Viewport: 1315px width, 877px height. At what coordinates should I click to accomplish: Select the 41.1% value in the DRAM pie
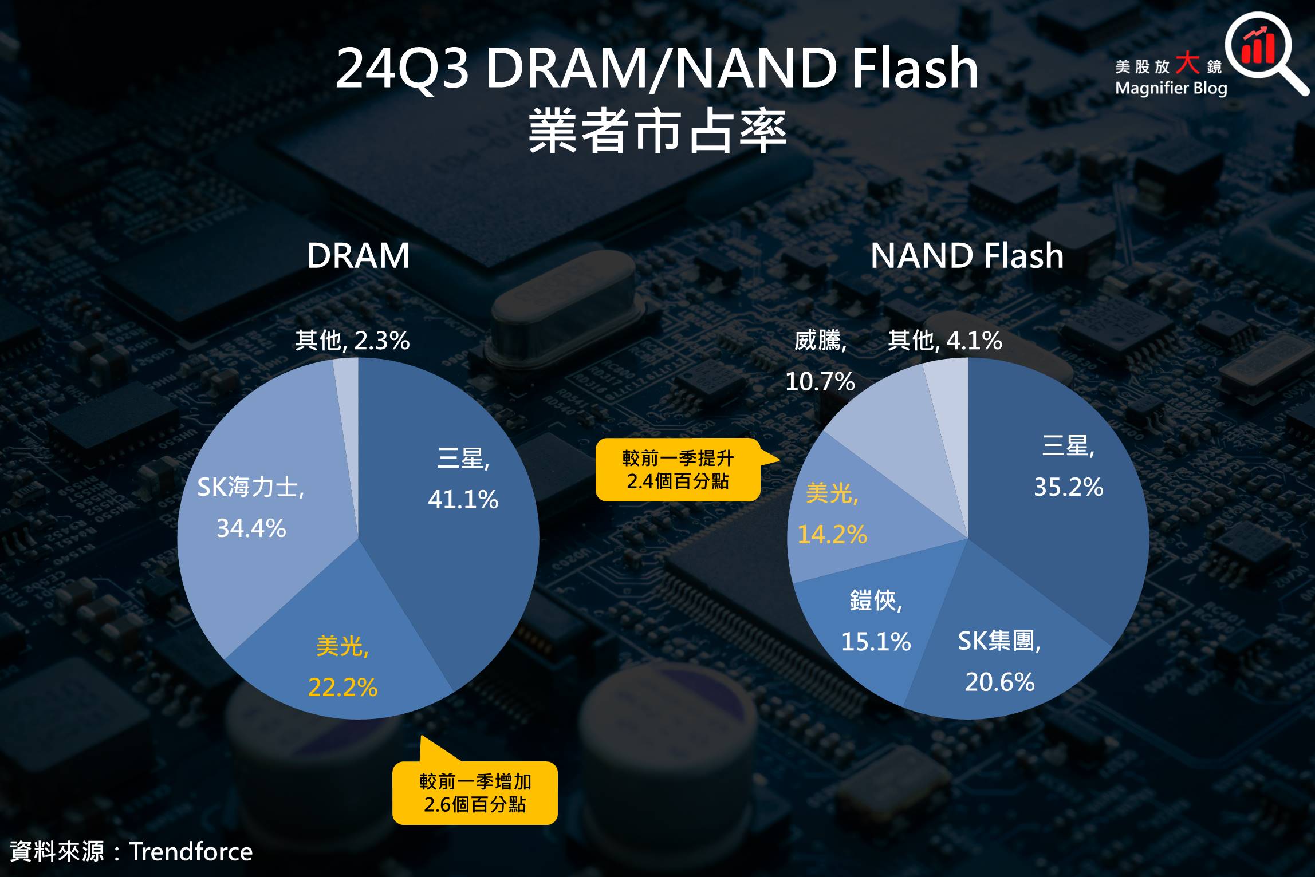[463, 500]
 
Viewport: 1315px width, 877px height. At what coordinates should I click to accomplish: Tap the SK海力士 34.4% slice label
[251, 507]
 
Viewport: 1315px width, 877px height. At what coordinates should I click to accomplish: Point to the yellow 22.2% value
[342, 688]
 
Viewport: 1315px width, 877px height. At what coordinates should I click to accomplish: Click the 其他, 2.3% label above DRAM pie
[352, 341]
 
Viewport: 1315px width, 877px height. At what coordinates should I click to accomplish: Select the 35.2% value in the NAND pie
[1068, 488]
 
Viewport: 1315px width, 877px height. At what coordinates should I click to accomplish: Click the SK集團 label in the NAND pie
[999, 641]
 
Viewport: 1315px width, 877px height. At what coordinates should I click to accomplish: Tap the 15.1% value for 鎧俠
[876, 642]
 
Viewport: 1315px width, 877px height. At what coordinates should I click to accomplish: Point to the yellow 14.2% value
[832, 535]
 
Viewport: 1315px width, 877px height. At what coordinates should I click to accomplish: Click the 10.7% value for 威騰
[820, 382]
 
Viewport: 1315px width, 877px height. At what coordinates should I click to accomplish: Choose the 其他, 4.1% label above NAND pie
[945, 341]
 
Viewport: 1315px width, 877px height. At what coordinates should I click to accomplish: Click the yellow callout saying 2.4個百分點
[678, 470]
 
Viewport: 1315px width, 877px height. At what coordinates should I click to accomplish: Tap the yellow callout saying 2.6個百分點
[475, 793]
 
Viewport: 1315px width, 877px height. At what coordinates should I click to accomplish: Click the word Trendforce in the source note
[191, 852]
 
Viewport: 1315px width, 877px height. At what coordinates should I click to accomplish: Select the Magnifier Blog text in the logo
[1171, 88]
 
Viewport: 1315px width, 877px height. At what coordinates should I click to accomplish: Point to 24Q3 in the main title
[402, 68]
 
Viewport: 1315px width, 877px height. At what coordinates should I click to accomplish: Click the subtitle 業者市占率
[657, 131]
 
